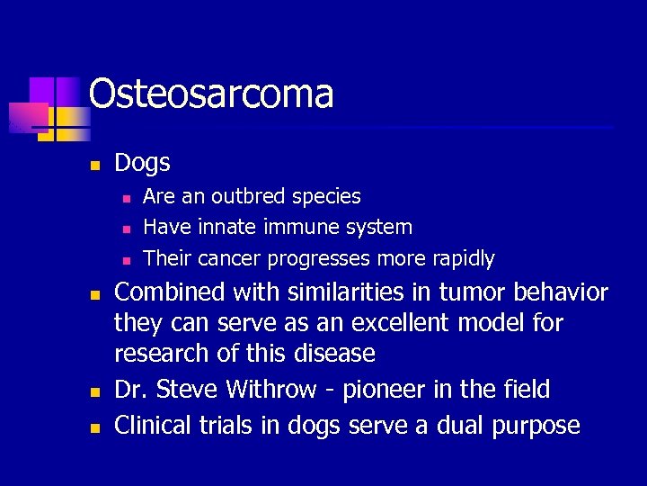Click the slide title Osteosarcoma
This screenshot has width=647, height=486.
(x=211, y=94)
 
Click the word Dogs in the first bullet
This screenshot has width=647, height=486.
(x=142, y=163)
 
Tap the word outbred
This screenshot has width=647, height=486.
(x=249, y=196)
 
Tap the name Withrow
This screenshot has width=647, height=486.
(x=270, y=390)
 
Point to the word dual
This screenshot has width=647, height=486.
(x=437, y=425)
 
